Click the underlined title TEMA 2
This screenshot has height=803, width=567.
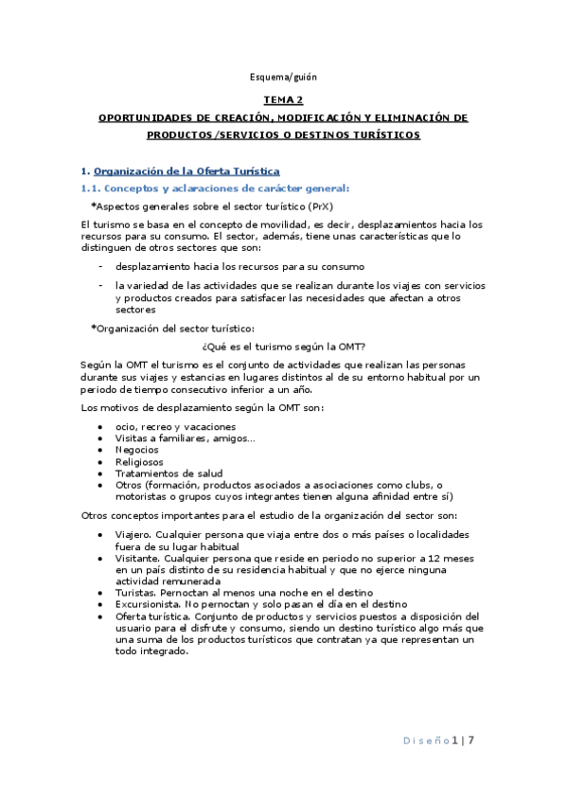(x=283, y=99)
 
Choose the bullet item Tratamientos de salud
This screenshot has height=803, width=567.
(x=163, y=473)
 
